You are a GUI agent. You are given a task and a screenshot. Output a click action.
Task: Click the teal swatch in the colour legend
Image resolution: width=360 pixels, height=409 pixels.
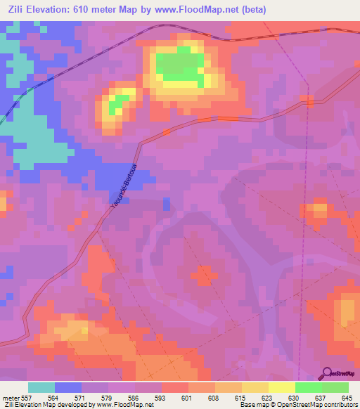click(x=41, y=387)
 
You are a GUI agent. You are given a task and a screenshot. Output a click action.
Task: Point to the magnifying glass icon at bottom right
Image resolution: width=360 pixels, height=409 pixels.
click(x=326, y=373)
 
